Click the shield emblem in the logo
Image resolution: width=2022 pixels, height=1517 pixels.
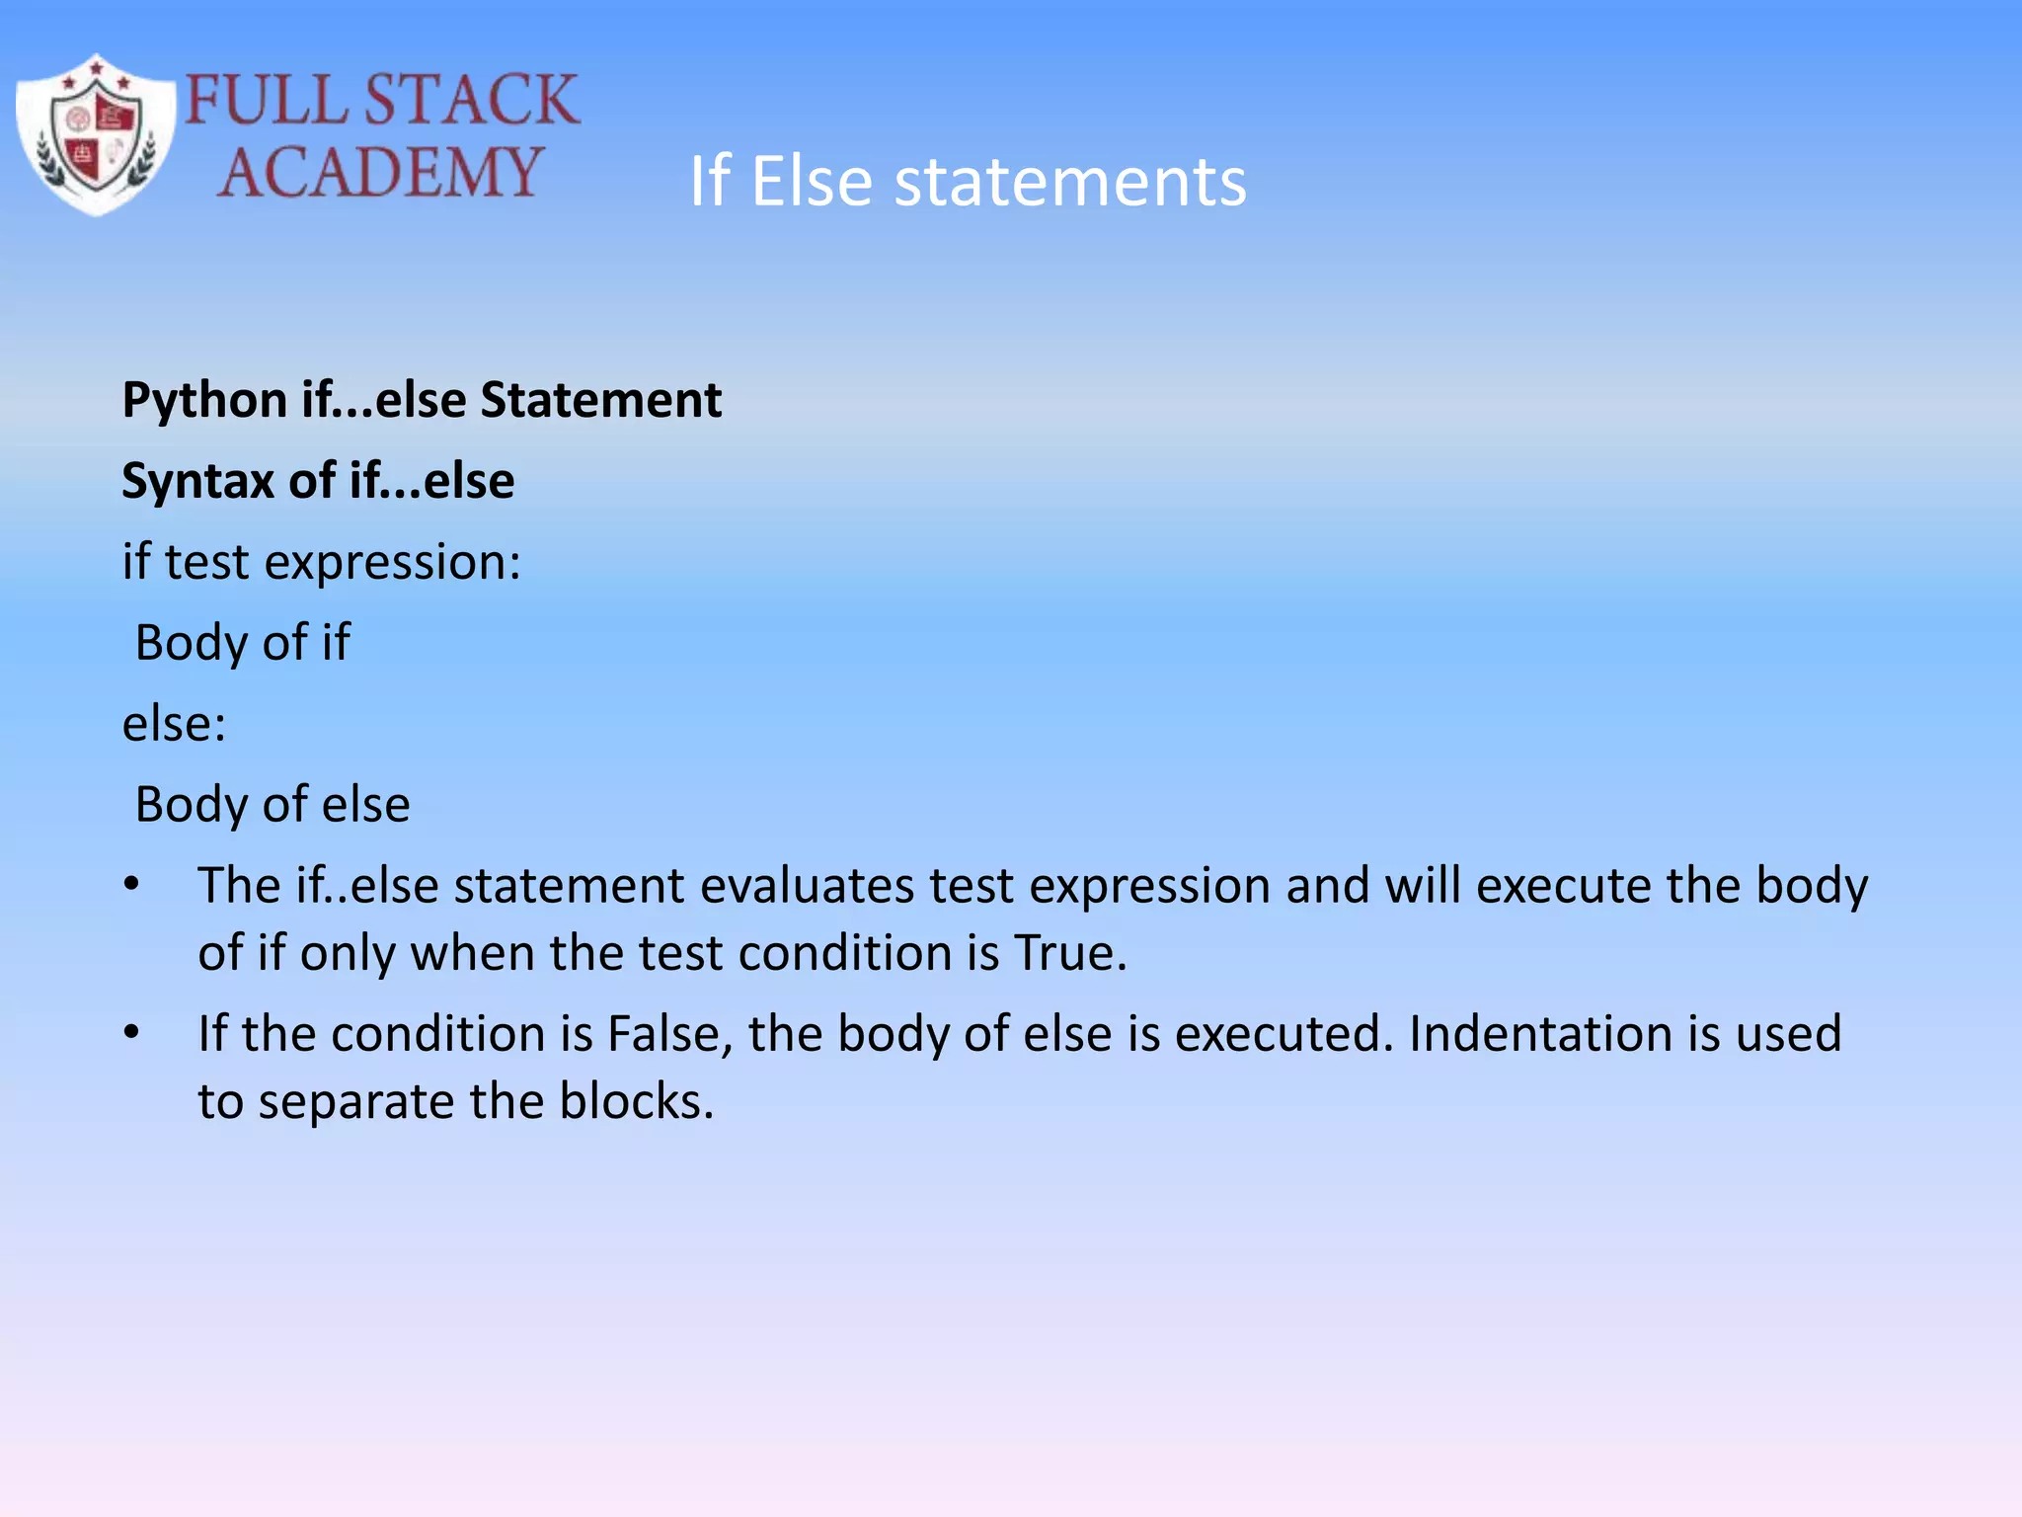point(96,135)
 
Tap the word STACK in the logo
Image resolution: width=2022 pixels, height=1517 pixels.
point(471,100)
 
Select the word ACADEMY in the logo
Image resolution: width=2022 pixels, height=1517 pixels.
point(380,172)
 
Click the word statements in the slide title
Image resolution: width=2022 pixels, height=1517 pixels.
point(1070,182)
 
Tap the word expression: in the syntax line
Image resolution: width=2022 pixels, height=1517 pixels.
point(392,563)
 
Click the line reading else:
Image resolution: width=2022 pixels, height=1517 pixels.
point(174,724)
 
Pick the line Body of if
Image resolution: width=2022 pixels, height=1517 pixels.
point(242,643)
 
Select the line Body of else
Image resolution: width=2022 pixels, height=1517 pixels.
point(272,805)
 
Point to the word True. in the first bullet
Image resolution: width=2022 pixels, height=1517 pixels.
point(1070,954)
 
